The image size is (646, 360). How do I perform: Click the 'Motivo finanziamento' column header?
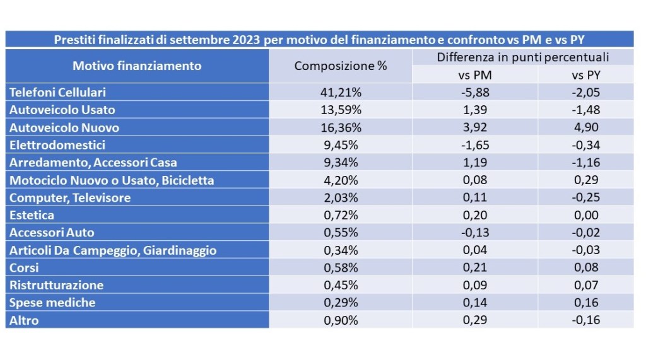point(137,66)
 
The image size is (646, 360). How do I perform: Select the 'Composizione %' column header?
point(341,66)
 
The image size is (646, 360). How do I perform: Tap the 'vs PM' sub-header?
point(475,75)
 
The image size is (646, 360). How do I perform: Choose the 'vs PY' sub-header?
point(586,75)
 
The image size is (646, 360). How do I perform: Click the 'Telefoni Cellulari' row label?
point(57,92)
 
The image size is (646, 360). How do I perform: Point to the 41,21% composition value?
point(341,92)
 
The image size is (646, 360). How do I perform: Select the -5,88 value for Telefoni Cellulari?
point(475,92)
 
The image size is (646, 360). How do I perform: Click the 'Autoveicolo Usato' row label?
point(62,110)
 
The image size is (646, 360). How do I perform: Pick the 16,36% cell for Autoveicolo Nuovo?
point(341,127)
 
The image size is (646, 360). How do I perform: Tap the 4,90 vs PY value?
point(586,127)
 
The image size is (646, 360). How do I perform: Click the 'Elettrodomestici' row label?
point(57,145)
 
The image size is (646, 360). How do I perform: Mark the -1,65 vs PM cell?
point(475,145)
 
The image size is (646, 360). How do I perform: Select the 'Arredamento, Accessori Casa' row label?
point(93,163)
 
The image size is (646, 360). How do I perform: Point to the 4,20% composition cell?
point(341,180)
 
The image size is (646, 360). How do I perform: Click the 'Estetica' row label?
point(32,215)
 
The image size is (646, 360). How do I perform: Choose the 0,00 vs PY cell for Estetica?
point(586,215)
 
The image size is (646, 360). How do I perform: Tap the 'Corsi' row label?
point(24,268)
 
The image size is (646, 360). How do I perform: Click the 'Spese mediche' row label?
point(52,303)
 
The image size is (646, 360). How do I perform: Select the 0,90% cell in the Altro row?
point(341,320)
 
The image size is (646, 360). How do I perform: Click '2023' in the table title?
point(246,40)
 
